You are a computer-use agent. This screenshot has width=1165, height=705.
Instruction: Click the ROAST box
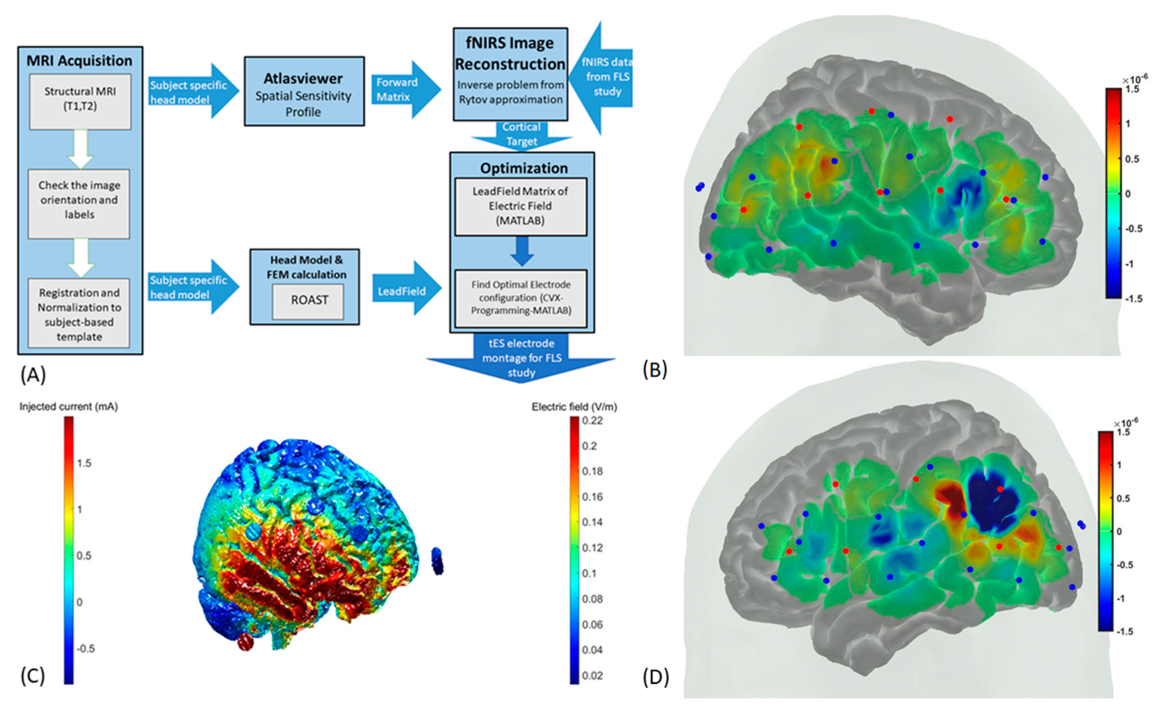pos(308,300)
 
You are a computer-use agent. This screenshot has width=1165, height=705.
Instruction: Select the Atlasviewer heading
pos(303,79)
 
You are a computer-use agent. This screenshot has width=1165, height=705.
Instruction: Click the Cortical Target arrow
pos(522,135)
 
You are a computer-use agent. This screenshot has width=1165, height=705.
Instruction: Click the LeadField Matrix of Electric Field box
pos(520,206)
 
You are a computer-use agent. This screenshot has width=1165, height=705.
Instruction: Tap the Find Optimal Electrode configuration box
pos(521,298)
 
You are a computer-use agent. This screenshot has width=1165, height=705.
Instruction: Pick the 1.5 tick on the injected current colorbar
pos(84,463)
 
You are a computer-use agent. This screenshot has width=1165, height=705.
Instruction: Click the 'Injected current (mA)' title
pos(68,407)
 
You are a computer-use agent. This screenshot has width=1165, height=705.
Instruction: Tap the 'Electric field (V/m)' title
pos(574,407)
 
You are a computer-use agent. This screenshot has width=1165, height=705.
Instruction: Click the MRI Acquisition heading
pos(79,61)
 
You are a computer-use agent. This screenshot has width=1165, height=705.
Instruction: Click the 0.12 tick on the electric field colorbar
pos(592,547)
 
